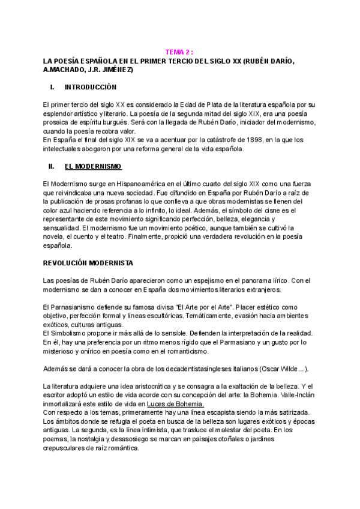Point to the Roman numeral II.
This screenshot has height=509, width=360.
pos(51,166)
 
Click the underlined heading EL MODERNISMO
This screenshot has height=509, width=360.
pos(92,166)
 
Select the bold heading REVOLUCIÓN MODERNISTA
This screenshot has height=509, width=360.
pos(89,263)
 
